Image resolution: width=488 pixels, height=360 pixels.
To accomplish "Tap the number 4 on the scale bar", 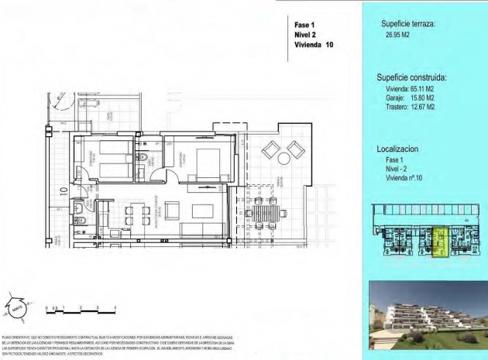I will click(x=115, y=308).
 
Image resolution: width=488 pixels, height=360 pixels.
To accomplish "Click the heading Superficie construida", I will click(x=412, y=77).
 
